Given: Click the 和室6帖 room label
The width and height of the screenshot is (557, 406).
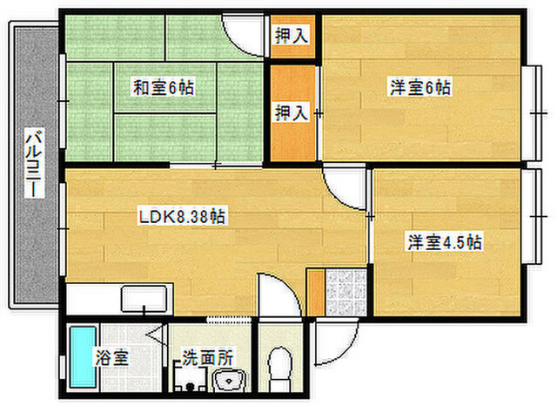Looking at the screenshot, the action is (164, 88).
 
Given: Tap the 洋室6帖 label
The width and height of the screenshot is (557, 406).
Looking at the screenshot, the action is (420, 87).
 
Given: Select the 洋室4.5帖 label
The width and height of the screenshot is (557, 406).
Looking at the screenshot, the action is (445, 242).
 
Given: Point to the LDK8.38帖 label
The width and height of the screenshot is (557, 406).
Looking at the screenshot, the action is (182, 217).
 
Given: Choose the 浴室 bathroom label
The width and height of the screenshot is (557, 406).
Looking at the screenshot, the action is (112, 357).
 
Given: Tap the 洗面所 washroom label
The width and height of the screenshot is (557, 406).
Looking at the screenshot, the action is (208, 357).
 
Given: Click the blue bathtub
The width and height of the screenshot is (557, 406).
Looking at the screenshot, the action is (83, 357).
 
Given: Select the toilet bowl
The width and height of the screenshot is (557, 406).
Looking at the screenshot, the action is (280, 369).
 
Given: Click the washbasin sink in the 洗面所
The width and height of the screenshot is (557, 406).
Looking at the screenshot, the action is (230, 381).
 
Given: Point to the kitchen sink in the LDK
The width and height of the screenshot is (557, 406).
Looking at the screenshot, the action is (144, 299).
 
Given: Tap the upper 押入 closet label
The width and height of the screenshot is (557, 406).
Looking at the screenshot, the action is (292, 36).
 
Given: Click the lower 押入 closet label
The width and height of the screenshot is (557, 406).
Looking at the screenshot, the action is (292, 112).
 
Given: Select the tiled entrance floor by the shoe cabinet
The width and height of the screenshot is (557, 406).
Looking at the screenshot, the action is (346, 293).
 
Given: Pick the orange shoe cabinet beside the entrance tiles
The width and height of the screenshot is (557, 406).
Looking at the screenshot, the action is (316, 293).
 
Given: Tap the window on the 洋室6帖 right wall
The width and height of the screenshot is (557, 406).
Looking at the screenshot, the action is (532, 112).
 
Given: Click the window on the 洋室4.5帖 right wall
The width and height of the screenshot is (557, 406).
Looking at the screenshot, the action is (532, 216).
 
